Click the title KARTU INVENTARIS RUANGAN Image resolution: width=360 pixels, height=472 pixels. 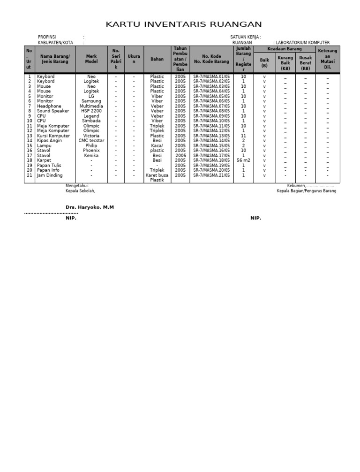(x=184, y=24)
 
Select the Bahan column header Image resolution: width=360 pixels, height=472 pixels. (x=157, y=59)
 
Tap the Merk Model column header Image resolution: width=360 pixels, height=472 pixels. (x=91, y=59)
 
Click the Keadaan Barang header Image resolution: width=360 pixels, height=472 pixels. (x=285, y=49)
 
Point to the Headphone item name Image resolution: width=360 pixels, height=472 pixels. (x=49, y=106)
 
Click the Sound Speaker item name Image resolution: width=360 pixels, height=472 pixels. (x=53, y=111)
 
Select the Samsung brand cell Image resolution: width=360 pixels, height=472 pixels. (x=91, y=101)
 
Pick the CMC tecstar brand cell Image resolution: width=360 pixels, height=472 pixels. (x=91, y=141)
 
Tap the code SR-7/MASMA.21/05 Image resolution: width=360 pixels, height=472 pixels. (x=211, y=175)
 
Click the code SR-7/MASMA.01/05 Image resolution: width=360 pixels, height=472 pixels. (x=211, y=76)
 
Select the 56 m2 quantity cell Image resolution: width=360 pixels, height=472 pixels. (x=243, y=160)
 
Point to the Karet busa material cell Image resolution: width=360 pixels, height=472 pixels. (x=157, y=175)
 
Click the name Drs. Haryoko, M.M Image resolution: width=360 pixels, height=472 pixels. (x=90, y=207)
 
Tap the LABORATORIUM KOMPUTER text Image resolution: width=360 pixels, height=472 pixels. (x=303, y=43)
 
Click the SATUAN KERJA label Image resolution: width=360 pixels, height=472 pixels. (x=245, y=37)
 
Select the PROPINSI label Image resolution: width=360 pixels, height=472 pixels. (x=47, y=37)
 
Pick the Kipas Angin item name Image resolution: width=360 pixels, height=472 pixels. (x=49, y=141)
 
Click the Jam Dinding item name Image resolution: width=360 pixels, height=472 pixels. (x=50, y=175)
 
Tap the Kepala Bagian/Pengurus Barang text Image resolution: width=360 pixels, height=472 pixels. (x=306, y=191)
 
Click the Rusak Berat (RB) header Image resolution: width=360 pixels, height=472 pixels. (x=306, y=63)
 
